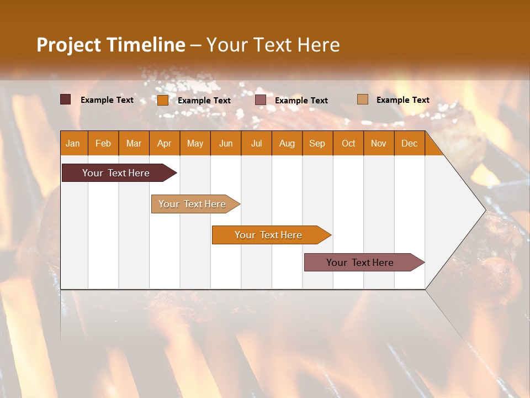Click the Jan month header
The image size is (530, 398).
point(73,143)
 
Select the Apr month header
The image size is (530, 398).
point(164,143)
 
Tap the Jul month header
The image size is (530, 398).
point(256,143)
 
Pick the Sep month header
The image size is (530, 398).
point(317,143)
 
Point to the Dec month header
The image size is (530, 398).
point(409,143)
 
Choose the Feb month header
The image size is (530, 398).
point(103,143)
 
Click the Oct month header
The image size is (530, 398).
point(348,143)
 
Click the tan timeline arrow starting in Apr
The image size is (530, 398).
point(193,204)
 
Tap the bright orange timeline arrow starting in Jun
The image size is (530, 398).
point(269,235)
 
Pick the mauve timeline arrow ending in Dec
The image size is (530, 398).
point(362,263)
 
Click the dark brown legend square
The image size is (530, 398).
point(65,99)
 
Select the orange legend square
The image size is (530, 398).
point(162,100)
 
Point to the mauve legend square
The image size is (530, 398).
point(261,100)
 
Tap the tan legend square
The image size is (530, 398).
point(362,99)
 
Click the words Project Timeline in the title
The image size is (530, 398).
point(110,45)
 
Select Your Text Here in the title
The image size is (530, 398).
point(273,45)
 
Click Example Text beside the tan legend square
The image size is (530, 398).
point(402,100)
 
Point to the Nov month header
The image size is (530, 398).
point(379,143)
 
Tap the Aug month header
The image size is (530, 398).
point(287,143)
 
